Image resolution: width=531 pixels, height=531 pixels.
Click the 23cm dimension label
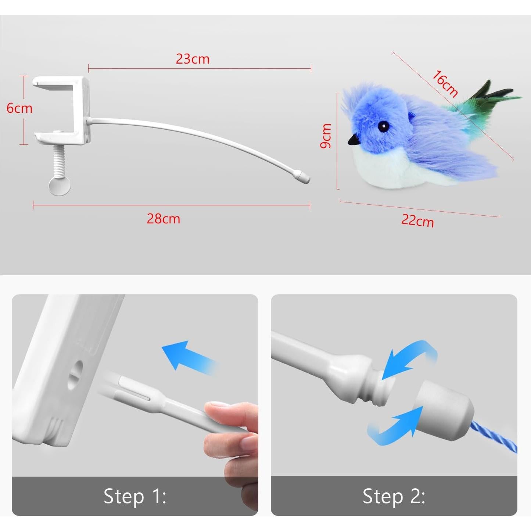point(193,59)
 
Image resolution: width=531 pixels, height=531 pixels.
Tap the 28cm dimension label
point(163,219)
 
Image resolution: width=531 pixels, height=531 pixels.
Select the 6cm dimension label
point(19,108)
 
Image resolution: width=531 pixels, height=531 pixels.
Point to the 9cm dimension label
point(326,136)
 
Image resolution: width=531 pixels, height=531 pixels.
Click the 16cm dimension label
point(445,84)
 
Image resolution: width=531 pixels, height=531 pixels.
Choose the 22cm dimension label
point(417,220)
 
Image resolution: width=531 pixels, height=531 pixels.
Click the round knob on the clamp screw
point(60,186)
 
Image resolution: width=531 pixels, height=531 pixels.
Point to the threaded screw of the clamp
point(59,160)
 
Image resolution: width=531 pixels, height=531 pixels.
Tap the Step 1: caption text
point(135,496)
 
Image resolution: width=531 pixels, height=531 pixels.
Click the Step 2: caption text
point(394,496)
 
